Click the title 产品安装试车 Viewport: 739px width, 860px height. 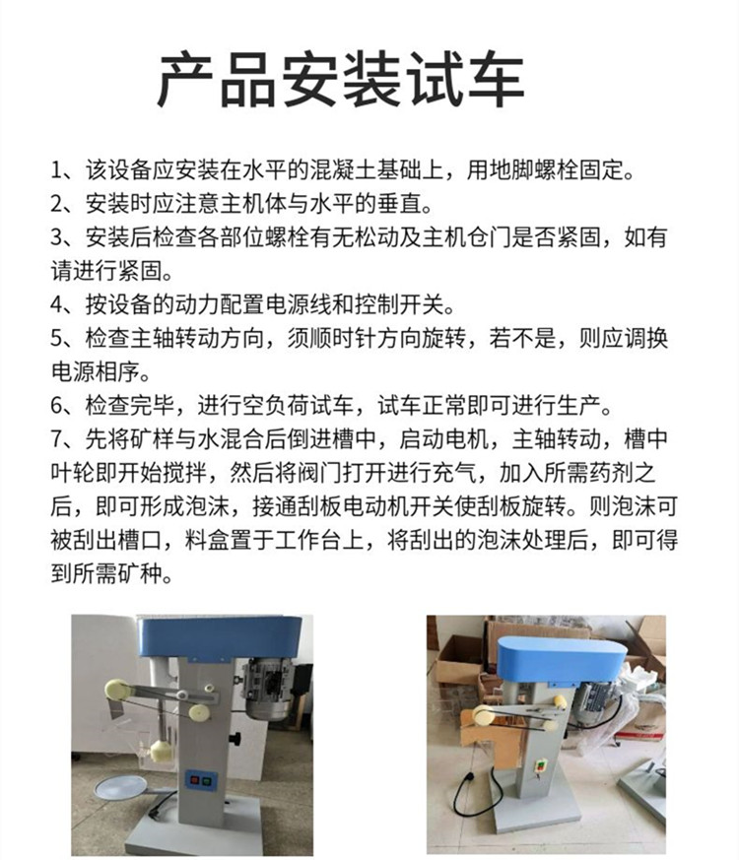(x=341, y=81)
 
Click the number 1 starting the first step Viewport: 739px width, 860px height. (x=57, y=170)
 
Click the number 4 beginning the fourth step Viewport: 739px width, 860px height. (x=57, y=305)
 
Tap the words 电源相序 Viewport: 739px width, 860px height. (x=96, y=371)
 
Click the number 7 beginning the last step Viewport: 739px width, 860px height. (x=57, y=439)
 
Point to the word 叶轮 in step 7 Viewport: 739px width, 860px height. (x=73, y=473)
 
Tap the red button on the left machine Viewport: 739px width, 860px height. (x=194, y=779)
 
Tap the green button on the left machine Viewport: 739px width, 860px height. (x=207, y=779)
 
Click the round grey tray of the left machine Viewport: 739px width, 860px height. (x=120, y=789)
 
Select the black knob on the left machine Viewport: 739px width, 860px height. (x=235, y=738)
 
